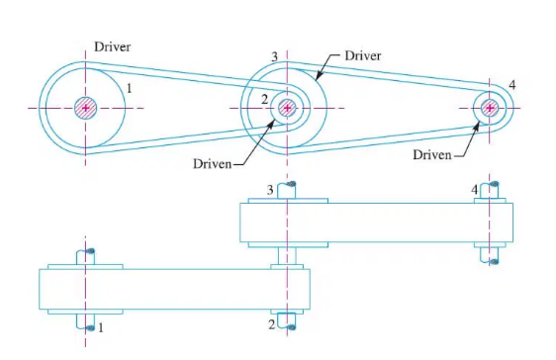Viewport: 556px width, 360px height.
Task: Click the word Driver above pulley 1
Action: [x=112, y=46]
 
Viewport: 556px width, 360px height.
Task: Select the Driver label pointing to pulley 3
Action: [x=362, y=56]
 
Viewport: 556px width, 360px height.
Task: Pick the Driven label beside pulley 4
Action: [x=431, y=155]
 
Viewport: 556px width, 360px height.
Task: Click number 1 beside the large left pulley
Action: [x=130, y=89]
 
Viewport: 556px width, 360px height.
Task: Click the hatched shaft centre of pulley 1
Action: [x=86, y=107]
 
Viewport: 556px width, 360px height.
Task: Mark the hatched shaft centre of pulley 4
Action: [x=489, y=107]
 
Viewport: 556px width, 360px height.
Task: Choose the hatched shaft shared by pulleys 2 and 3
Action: [x=287, y=107]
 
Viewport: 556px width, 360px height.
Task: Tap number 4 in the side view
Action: [x=475, y=188]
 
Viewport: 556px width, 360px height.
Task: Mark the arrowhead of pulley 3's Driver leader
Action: [x=317, y=75]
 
